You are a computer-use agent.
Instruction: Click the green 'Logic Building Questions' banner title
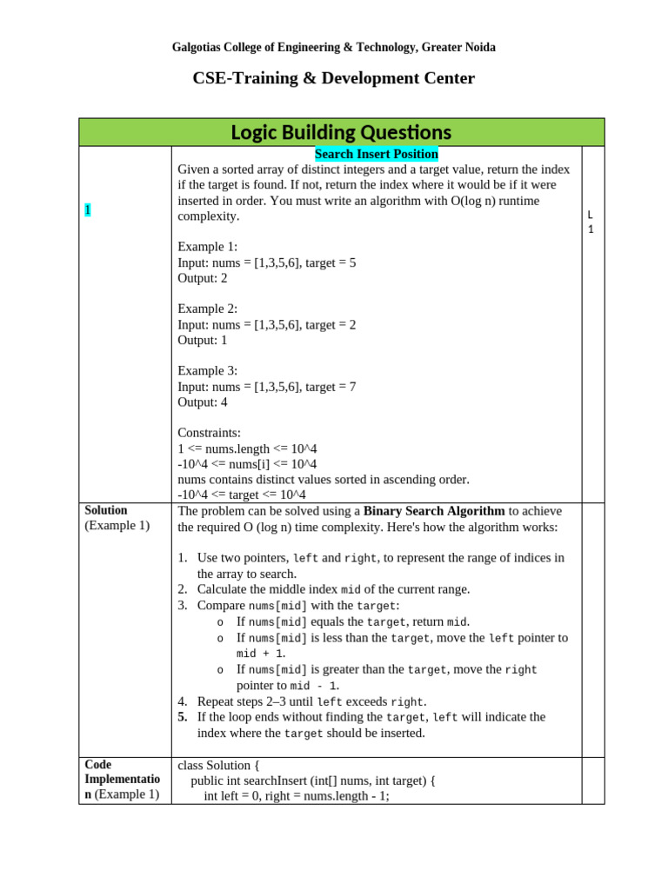tap(341, 132)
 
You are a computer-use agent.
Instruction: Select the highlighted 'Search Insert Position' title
tap(376, 154)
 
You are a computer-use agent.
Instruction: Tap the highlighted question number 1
tap(87, 209)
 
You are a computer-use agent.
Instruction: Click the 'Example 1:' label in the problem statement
tap(207, 247)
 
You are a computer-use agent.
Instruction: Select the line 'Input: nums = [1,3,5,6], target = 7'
tap(267, 387)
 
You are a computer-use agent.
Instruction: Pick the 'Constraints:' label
tap(210, 433)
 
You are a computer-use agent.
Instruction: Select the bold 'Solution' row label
tap(106, 510)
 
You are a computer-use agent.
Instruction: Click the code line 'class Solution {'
tap(218, 766)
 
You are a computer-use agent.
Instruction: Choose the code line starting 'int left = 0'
tap(296, 795)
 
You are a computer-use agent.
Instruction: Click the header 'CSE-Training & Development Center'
tap(333, 79)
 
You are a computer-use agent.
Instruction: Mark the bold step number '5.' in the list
tap(183, 717)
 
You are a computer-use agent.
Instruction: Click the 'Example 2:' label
tap(207, 309)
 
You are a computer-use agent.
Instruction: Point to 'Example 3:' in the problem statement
tap(207, 371)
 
